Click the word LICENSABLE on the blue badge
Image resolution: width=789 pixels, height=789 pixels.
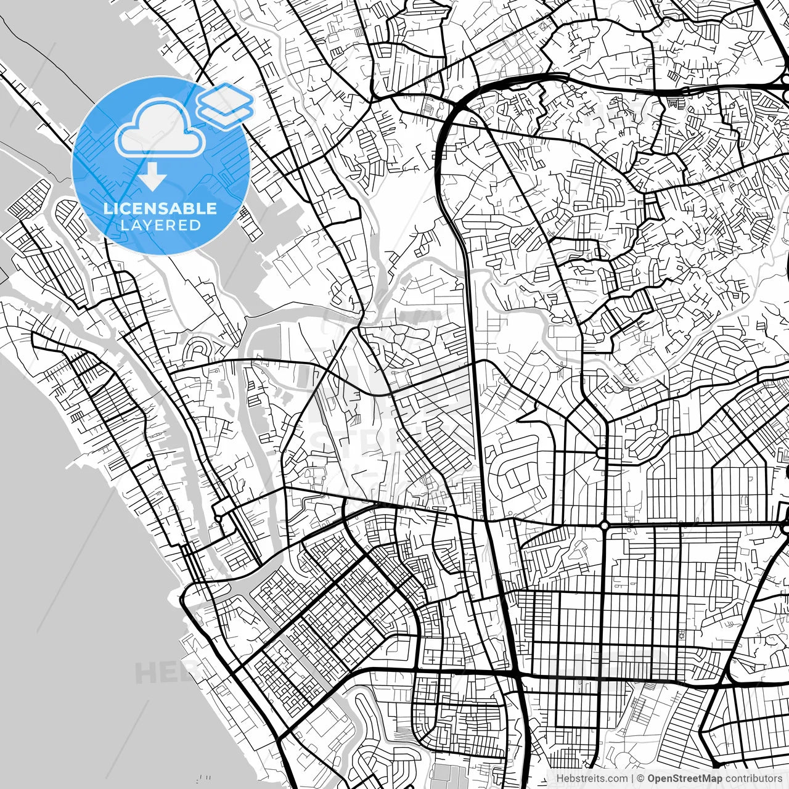[x=160, y=208]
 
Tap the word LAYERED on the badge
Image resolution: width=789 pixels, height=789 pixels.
[x=160, y=225]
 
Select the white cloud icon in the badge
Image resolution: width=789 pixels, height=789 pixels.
[x=160, y=128]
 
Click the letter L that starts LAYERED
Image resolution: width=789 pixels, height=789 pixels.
[x=125, y=225]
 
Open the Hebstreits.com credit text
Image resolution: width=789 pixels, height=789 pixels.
[x=592, y=779]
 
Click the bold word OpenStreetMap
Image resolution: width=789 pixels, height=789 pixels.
[x=684, y=779]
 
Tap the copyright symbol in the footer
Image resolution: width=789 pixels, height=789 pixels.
[x=641, y=779]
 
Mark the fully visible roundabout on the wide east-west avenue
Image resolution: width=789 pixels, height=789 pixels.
[x=605, y=525]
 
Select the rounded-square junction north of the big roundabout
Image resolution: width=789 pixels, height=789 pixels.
[x=601, y=453]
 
